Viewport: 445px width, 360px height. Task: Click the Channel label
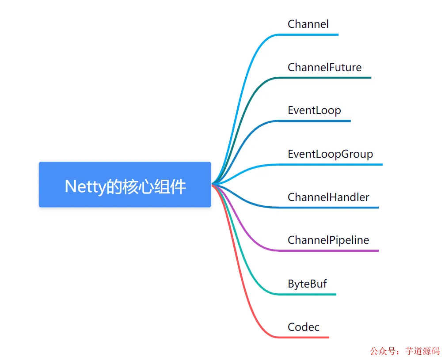click(x=308, y=24)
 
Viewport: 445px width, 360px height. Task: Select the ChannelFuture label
click(x=324, y=67)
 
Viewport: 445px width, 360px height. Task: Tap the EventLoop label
click(x=314, y=110)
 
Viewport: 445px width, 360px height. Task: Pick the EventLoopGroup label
click(x=330, y=154)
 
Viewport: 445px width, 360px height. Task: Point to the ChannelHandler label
click(x=328, y=197)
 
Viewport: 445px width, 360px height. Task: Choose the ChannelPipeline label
click(x=328, y=240)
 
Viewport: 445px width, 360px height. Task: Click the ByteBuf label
click(x=307, y=284)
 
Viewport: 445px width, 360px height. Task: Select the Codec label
click(x=303, y=327)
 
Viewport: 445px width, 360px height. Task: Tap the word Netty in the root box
click(x=84, y=187)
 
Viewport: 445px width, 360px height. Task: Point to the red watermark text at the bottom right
click(x=405, y=351)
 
